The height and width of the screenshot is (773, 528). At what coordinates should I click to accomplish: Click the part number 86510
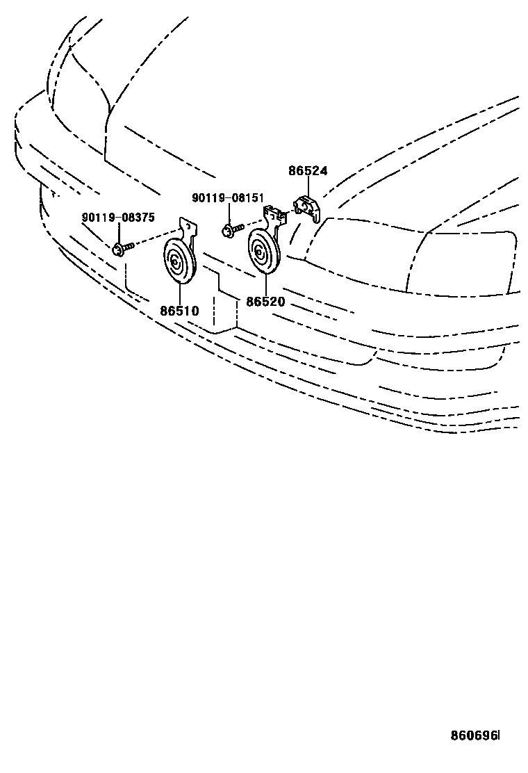point(179,311)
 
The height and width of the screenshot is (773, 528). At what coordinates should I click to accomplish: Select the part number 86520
point(265,302)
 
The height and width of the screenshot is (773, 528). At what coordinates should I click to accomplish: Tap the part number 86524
point(308,171)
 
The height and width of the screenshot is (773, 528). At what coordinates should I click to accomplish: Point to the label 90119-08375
point(118,218)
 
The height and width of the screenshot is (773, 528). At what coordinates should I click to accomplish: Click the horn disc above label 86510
point(179,263)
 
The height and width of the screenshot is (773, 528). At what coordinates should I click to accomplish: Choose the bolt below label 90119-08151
point(231,229)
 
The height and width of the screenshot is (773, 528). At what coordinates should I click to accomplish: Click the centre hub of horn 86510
point(176,263)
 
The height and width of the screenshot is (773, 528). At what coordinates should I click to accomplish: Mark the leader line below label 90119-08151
point(229,213)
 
